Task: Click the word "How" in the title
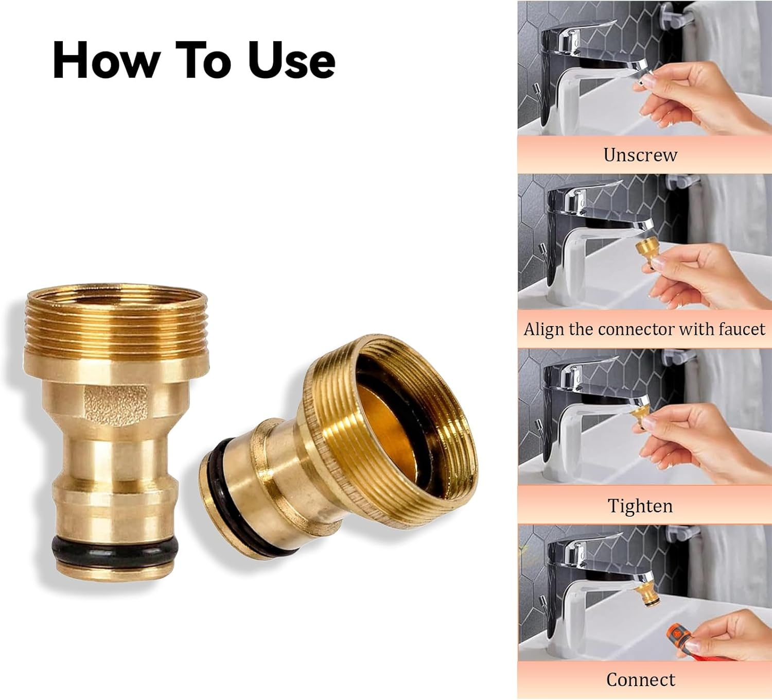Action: pos(106,60)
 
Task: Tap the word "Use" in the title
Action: pos(291,60)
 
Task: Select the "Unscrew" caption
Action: pos(640,155)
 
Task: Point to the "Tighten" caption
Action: pos(640,506)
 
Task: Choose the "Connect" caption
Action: pos(640,679)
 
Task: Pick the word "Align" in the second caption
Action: pos(544,329)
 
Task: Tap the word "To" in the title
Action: pos(203,60)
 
